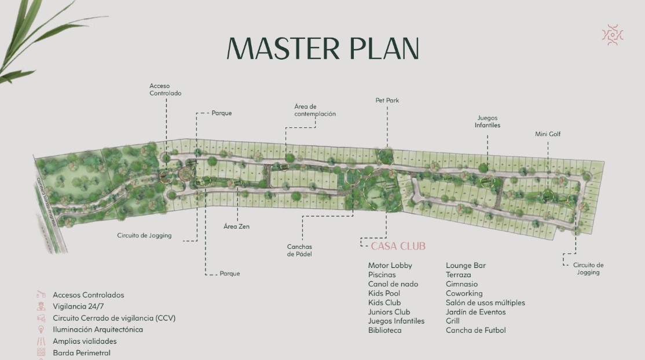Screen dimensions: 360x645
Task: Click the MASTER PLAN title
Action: coord(322,48)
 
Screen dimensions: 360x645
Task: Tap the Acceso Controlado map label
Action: coord(166,90)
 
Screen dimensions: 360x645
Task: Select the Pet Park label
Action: coord(387,101)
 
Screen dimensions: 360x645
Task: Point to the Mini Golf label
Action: coord(547,134)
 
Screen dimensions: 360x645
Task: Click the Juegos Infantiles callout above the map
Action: coord(488,122)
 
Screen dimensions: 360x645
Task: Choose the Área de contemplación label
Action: coord(314,110)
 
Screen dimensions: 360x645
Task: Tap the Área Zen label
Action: coord(236,226)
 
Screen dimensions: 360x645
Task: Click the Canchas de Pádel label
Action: coord(299,251)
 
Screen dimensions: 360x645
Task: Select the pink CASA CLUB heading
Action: coord(398,246)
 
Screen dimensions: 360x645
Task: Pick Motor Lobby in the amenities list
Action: coord(390,266)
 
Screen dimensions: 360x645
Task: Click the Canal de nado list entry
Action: coord(393,284)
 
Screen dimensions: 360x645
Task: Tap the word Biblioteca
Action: coord(384,330)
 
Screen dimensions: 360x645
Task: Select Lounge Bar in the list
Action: coord(466,266)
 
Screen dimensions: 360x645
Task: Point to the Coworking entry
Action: coord(464,293)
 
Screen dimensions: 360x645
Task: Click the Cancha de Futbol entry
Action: coord(475,330)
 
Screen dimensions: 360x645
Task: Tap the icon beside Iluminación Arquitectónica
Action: coord(41,329)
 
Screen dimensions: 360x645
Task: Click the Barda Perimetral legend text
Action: coord(81,352)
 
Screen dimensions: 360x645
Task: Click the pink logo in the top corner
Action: coord(613,35)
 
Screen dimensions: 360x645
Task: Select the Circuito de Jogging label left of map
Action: coord(144,236)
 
